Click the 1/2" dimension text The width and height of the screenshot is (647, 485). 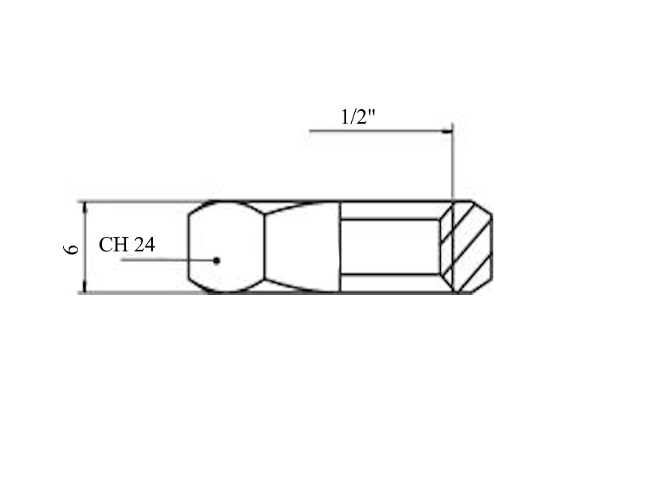pyautogui.click(x=358, y=116)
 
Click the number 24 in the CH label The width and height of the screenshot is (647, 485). pyautogui.click(x=145, y=245)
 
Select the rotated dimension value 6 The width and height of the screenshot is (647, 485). pyautogui.click(x=71, y=249)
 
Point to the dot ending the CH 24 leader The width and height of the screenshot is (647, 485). pyautogui.click(x=217, y=260)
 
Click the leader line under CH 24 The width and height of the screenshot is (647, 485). pyautogui.click(x=168, y=259)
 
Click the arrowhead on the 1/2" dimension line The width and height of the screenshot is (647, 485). pyautogui.click(x=447, y=131)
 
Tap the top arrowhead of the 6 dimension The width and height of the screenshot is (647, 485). pyautogui.click(x=85, y=208)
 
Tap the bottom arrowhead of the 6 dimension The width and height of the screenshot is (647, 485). pyautogui.click(x=85, y=287)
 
